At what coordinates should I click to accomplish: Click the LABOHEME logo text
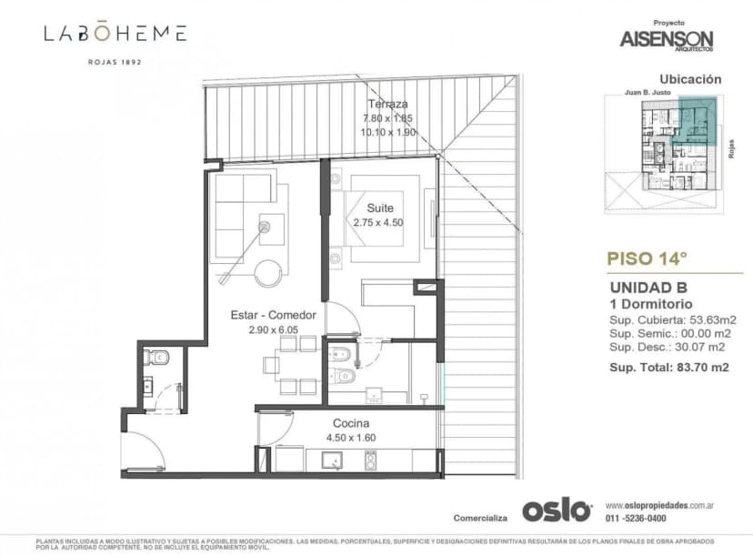click(115, 34)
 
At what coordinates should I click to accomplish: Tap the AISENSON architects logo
click(667, 39)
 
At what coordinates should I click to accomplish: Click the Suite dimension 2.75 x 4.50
click(378, 222)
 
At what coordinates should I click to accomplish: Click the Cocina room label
click(350, 423)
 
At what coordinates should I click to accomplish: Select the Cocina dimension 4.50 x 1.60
click(350, 438)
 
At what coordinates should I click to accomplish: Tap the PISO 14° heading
click(647, 258)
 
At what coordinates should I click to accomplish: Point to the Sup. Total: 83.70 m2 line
click(674, 367)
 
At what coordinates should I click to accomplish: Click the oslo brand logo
click(556, 511)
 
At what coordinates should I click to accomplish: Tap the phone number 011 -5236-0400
click(639, 519)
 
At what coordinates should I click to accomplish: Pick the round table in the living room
click(269, 273)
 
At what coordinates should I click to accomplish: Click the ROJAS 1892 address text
click(115, 63)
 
